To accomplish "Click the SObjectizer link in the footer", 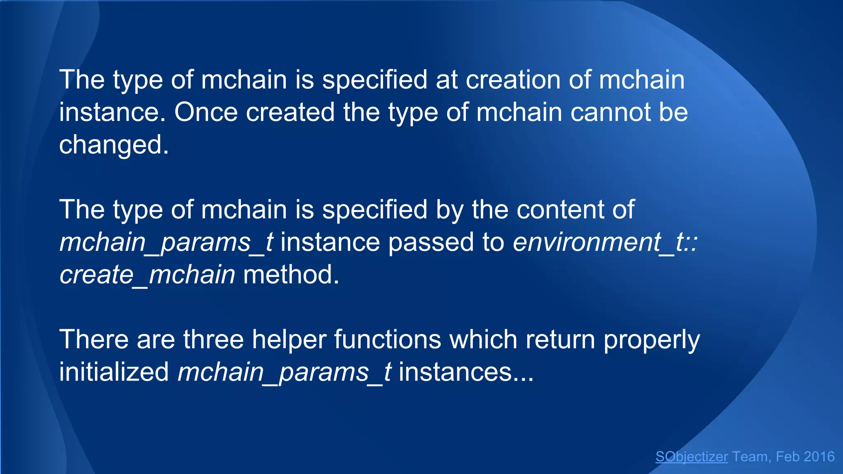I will point(692,457).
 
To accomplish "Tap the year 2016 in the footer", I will point(819,457).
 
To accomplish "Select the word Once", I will point(206,112).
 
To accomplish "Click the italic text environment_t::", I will point(605,242).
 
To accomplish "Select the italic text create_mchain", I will point(147,274).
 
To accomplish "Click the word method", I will point(291,274).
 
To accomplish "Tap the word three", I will point(213,339).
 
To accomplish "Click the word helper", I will point(289,339).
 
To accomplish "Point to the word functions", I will point(387,339).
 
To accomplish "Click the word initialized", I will point(114,372).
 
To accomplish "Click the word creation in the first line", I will point(513,80).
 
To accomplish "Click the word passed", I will point(431,242).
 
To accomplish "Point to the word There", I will point(94,339).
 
